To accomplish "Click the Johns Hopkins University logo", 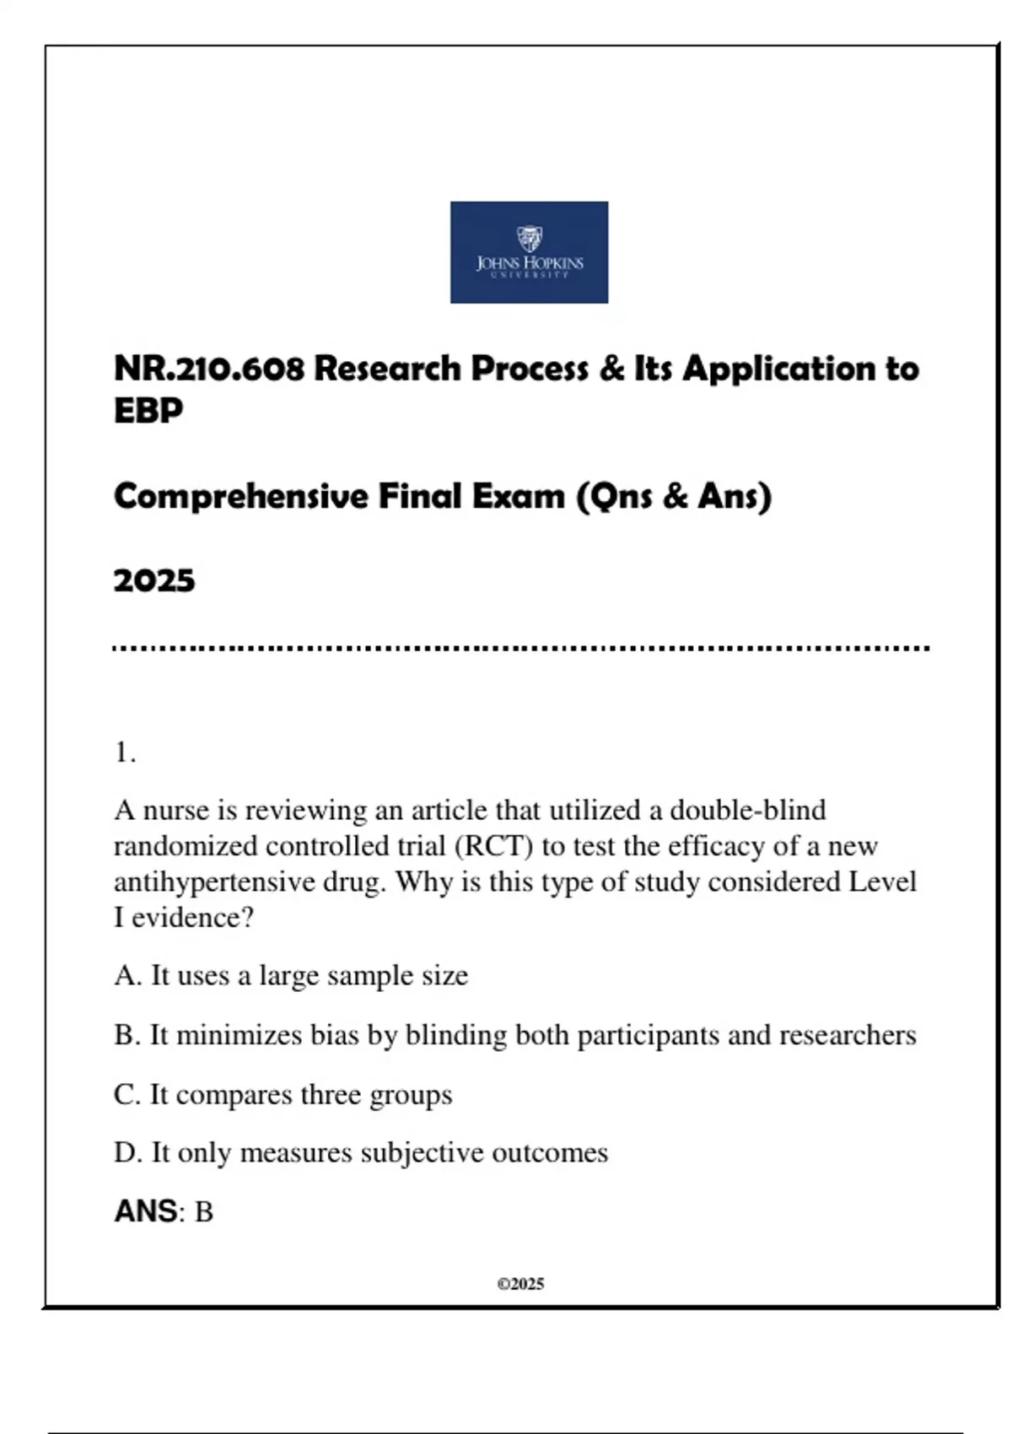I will click(529, 252).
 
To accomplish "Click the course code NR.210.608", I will click(208, 369).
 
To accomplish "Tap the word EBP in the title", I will click(148, 411).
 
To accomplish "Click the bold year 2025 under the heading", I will click(154, 580).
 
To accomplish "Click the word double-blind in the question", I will click(747, 810).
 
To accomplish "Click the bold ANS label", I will click(145, 1211).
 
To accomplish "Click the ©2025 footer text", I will click(520, 1284).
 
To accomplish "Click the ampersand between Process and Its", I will click(612, 369).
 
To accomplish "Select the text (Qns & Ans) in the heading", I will click(674, 496).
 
